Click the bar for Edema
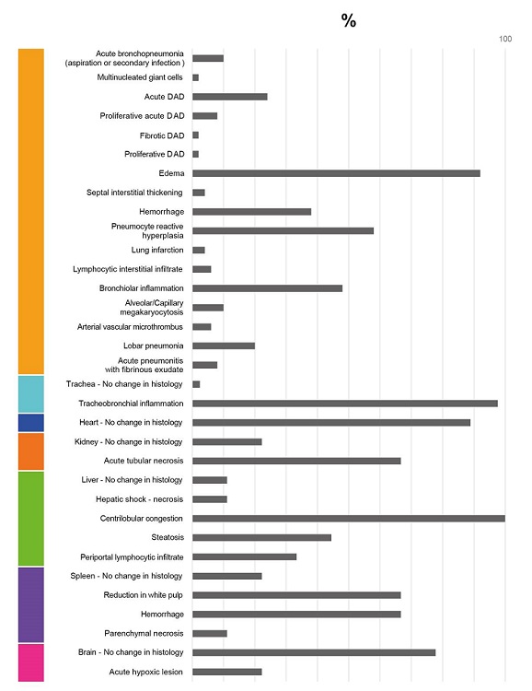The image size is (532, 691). [x=336, y=173]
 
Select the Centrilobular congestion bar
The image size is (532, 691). [x=348, y=518]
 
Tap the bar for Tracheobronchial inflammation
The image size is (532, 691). [x=344, y=404]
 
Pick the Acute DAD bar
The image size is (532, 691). [x=229, y=97]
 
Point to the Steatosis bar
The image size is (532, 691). [x=261, y=537]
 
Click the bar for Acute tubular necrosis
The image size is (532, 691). [x=296, y=461]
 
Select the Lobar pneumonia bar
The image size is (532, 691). [x=223, y=346]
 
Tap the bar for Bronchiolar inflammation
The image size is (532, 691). [x=267, y=288]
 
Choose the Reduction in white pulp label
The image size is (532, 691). [x=143, y=595]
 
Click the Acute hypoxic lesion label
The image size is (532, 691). [x=145, y=672]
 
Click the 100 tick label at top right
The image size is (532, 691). [x=504, y=39]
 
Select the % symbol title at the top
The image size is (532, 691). [x=349, y=20]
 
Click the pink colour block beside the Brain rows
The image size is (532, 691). [x=31, y=662]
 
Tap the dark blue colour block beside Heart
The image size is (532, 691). [x=31, y=423]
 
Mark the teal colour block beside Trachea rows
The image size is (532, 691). [x=31, y=393]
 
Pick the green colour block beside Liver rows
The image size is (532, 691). [x=31, y=518]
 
